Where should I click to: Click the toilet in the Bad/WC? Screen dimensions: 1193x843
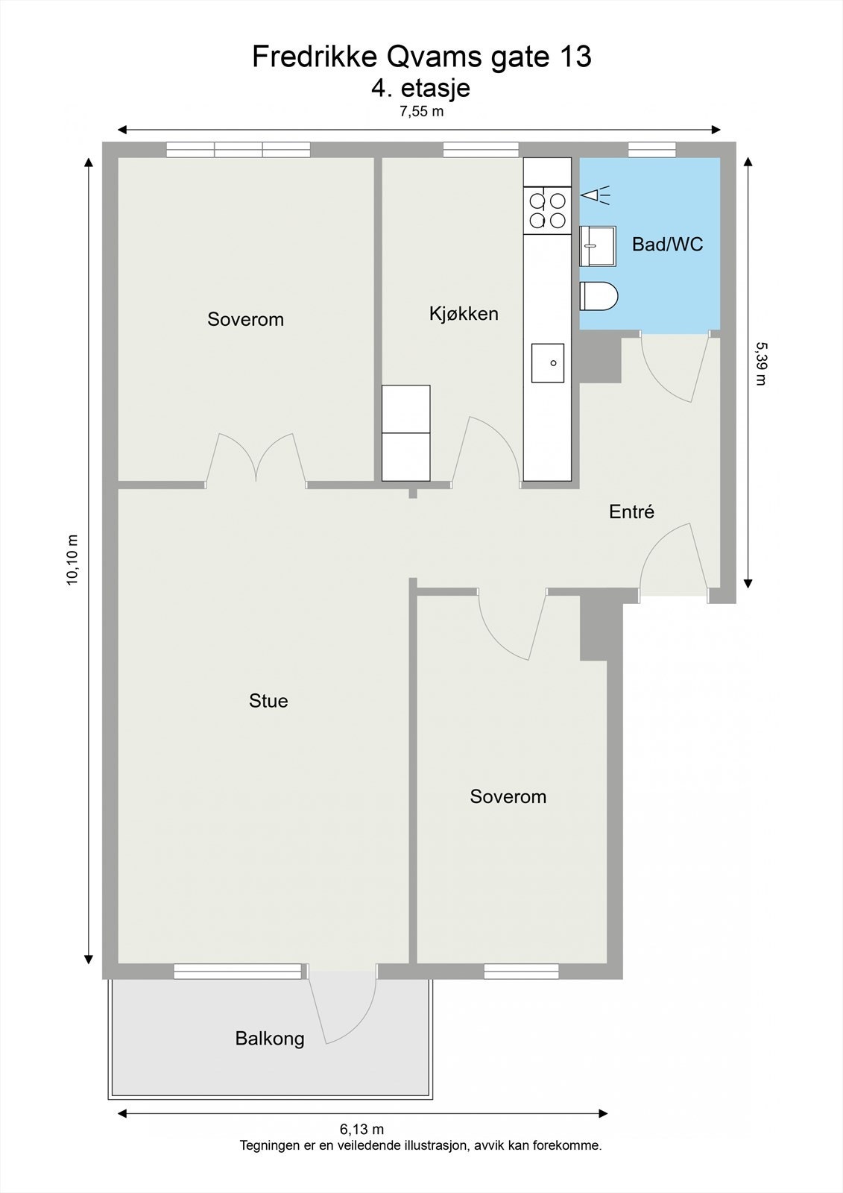[599, 296]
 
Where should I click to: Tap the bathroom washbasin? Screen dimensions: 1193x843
[598, 245]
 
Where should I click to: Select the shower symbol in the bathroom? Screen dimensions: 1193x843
[595, 196]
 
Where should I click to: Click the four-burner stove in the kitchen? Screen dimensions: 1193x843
[546, 210]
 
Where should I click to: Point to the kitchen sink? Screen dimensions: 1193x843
[547, 363]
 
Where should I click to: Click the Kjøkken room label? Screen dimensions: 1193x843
[464, 314]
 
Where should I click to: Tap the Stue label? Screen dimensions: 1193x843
[268, 701]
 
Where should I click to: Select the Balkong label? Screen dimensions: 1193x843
[270, 1038]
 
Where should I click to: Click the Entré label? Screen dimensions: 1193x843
[631, 512]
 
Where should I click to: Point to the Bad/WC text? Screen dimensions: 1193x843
[667, 245]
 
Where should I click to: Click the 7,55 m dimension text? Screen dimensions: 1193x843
[421, 113]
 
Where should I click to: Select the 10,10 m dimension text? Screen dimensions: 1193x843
[73, 559]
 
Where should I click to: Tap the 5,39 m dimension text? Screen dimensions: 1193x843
[760, 363]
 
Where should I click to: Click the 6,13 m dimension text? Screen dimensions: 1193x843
[362, 1130]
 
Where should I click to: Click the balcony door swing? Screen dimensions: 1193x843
[343, 1007]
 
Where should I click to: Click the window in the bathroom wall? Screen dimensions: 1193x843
[652, 150]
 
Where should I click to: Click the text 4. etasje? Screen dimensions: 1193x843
[420, 88]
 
